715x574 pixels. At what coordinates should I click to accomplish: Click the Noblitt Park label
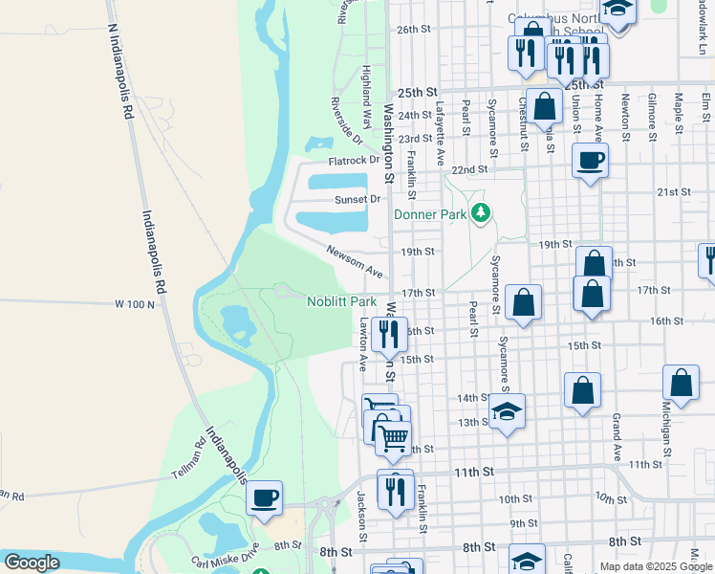tap(341, 301)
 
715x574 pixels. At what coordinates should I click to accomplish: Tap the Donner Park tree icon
tap(484, 212)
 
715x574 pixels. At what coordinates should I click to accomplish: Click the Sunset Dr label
tap(357, 199)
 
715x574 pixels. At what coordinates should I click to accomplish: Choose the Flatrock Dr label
tap(354, 161)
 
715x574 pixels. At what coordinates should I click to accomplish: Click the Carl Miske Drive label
tap(224, 554)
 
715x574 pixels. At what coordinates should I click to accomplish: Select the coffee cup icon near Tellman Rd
tap(264, 497)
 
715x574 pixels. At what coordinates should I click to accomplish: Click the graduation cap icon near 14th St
tap(508, 412)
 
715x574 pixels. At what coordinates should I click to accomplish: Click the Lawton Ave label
tap(363, 344)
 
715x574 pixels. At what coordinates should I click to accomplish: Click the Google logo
tap(32, 563)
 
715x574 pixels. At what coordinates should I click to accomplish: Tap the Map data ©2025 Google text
tap(657, 566)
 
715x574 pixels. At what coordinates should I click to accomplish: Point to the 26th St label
tap(415, 30)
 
